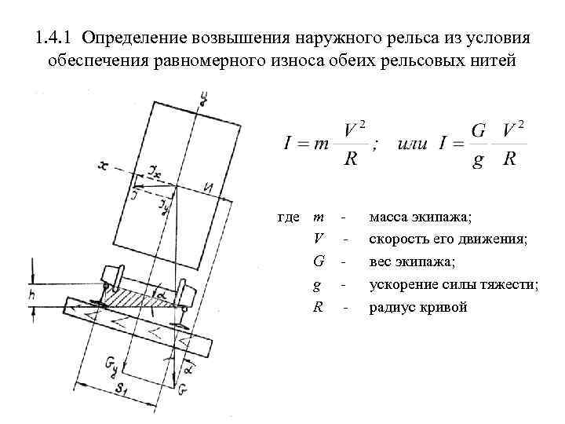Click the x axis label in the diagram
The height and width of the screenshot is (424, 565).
click(x=103, y=164)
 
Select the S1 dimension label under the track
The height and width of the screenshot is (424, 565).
click(x=123, y=388)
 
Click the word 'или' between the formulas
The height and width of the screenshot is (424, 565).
click(x=412, y=144)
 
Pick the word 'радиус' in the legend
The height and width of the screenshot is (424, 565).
click(x=393, y=307)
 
